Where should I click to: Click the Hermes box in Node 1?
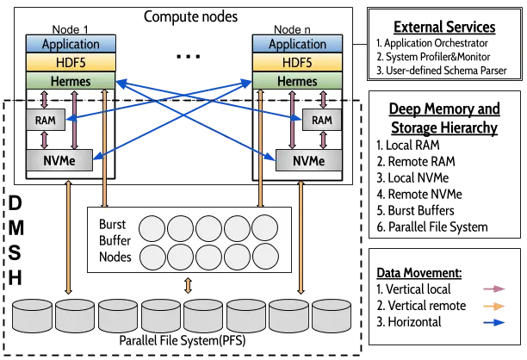[71, 81]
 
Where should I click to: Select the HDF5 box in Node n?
[297, 62]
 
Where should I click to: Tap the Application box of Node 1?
[71, 44]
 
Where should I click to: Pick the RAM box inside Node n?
[322, 120]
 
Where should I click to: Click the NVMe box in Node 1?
[59, 160]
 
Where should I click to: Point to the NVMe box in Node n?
[308, 160]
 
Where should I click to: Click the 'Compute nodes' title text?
[190, 16]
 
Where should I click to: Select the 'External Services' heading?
[444, 27]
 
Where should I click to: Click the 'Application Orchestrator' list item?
[432, 43]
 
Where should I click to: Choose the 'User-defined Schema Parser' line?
[442, 71]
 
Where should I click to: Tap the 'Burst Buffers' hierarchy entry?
[415, 210]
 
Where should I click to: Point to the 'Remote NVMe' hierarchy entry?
[419, 194]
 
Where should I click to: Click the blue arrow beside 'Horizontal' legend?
[494, 322]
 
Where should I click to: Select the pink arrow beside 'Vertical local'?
[494, 289]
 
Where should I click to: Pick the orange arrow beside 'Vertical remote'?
[494, 306]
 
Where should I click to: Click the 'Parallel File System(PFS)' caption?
[183, 340]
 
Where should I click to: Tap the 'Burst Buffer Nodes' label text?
[115, 240]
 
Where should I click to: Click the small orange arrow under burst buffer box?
[189, 285]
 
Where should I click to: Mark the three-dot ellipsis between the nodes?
[189, 56]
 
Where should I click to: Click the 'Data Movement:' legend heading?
[419, 273]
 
